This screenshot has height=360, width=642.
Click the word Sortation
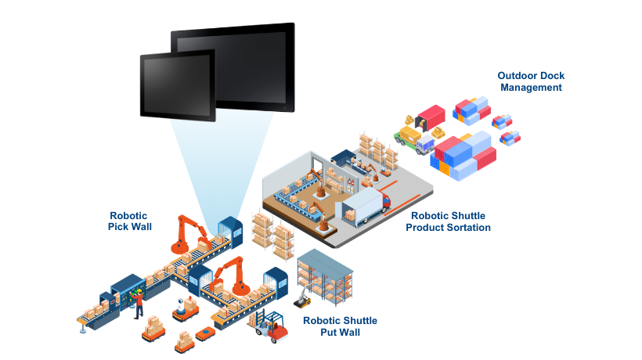point(466,228)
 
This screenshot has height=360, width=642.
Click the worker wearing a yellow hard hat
point(139,302)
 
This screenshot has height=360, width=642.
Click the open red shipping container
point(428,116)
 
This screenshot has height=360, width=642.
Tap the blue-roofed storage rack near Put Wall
point(325,274)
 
